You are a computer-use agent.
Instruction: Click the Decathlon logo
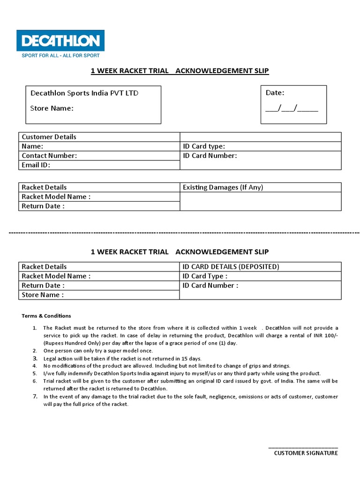point(60,40)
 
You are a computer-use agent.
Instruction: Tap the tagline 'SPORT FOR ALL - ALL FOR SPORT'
point(60,55)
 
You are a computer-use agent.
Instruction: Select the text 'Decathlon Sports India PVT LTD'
point(84,93)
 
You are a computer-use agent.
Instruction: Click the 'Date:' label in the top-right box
point(275,93)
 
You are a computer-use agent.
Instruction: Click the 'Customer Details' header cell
point(49,137)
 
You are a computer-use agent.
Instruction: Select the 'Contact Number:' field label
point(49,156)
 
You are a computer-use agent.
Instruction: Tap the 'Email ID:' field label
point(36,165)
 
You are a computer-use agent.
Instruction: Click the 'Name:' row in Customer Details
point(33,146)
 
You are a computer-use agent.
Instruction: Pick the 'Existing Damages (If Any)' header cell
point(223,187)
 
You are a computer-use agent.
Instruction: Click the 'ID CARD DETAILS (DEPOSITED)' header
point(231,267)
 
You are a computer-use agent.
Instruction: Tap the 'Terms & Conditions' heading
point(46,316)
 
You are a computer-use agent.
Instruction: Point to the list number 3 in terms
point(35,358)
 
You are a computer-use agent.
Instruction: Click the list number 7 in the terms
point(35,396)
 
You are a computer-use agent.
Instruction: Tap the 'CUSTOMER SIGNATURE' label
point(306,453)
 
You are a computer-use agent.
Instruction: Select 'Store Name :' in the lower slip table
point(43,295)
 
